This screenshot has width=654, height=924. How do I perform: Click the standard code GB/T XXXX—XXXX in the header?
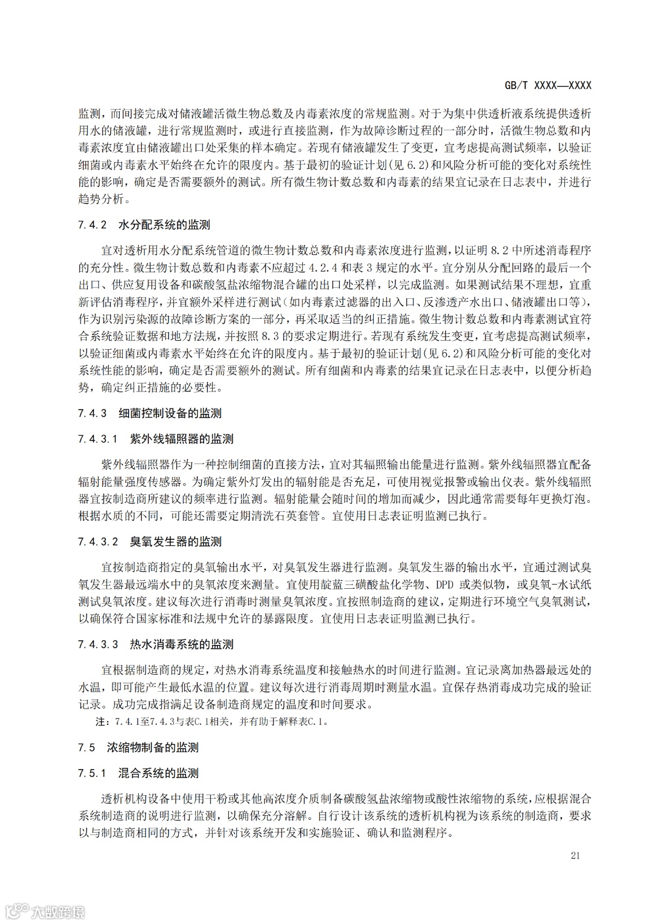(547, 85)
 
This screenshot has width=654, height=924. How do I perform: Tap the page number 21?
(575, 855)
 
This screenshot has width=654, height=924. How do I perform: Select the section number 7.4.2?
(93, 225)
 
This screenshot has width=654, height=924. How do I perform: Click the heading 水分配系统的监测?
(165, 225)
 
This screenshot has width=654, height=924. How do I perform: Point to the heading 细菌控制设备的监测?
(170, 413)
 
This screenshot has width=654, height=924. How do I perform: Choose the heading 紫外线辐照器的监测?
(182, 439)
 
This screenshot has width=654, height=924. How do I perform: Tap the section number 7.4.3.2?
(98, 542)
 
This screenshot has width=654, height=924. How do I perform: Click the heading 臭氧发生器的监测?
(176, 542)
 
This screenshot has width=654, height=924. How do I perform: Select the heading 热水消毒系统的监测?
(182, 644)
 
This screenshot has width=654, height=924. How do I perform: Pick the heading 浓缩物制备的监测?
(153, 747)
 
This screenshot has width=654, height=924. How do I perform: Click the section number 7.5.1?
(93, 773)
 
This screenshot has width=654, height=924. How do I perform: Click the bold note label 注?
(100, 722)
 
